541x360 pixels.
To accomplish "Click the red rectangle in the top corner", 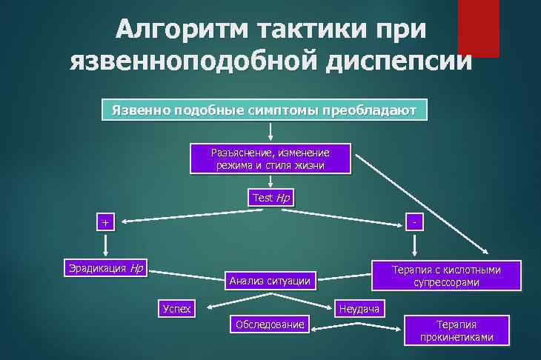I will click(x=478, y=28).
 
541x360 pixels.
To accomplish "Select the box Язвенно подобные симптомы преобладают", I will click(x=264, y=110).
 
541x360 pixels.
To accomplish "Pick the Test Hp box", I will click(x=269, y=198).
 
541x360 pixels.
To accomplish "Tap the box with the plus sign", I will click(x=105, y=222).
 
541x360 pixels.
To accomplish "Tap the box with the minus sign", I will click(x=415, y=221).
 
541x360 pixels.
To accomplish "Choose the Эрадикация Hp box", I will click(x=106, y=268).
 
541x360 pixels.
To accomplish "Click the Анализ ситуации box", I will click(x=269, y=281).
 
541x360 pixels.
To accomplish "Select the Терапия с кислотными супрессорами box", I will click(x=446, y=276).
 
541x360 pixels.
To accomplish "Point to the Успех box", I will click(x=176, y=308).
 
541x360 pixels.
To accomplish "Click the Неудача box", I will click(x=359, y=308).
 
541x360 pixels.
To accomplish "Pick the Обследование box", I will click(x=269, y=324).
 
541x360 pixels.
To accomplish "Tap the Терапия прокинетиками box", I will click(x=456, y=330).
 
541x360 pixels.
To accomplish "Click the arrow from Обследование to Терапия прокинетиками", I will click(x=357, y=324).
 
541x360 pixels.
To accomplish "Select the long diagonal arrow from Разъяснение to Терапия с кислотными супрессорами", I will click(x=422, y=204).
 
